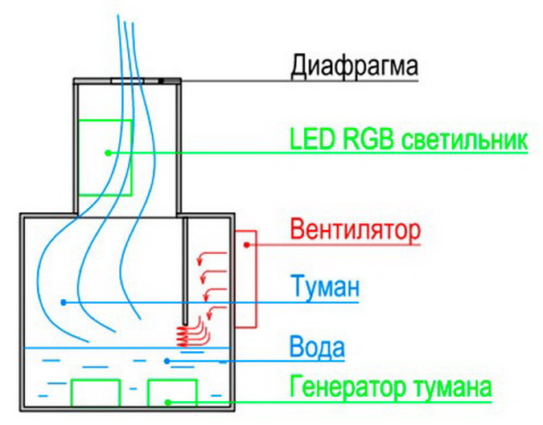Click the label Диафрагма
tap(354, 64)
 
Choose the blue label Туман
tap(323, 287)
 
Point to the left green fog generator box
tap(96, 392)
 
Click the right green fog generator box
tap(171, 392)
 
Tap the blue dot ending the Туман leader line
tap(64, 302)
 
